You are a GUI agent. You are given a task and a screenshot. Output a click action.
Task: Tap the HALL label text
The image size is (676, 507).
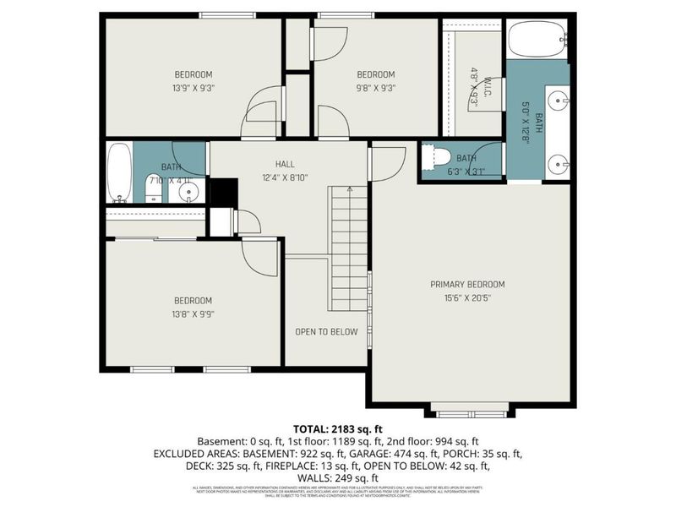coord(284,163)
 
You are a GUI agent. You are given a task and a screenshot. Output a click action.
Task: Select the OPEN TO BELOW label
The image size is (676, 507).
coord(326,331)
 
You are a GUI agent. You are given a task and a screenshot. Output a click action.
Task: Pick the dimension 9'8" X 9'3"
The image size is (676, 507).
coord(376,87)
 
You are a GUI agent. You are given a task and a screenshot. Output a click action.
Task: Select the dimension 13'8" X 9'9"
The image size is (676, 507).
coord(194,313)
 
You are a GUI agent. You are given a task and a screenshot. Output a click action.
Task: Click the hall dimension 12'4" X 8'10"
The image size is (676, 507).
coord(284,177)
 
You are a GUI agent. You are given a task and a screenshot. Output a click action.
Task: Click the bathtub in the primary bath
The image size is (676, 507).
coord(537,39)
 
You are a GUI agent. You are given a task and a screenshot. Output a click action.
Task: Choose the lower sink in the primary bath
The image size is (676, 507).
coord(557,164)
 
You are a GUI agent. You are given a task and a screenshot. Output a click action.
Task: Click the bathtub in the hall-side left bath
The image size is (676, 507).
coord(119,172)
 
